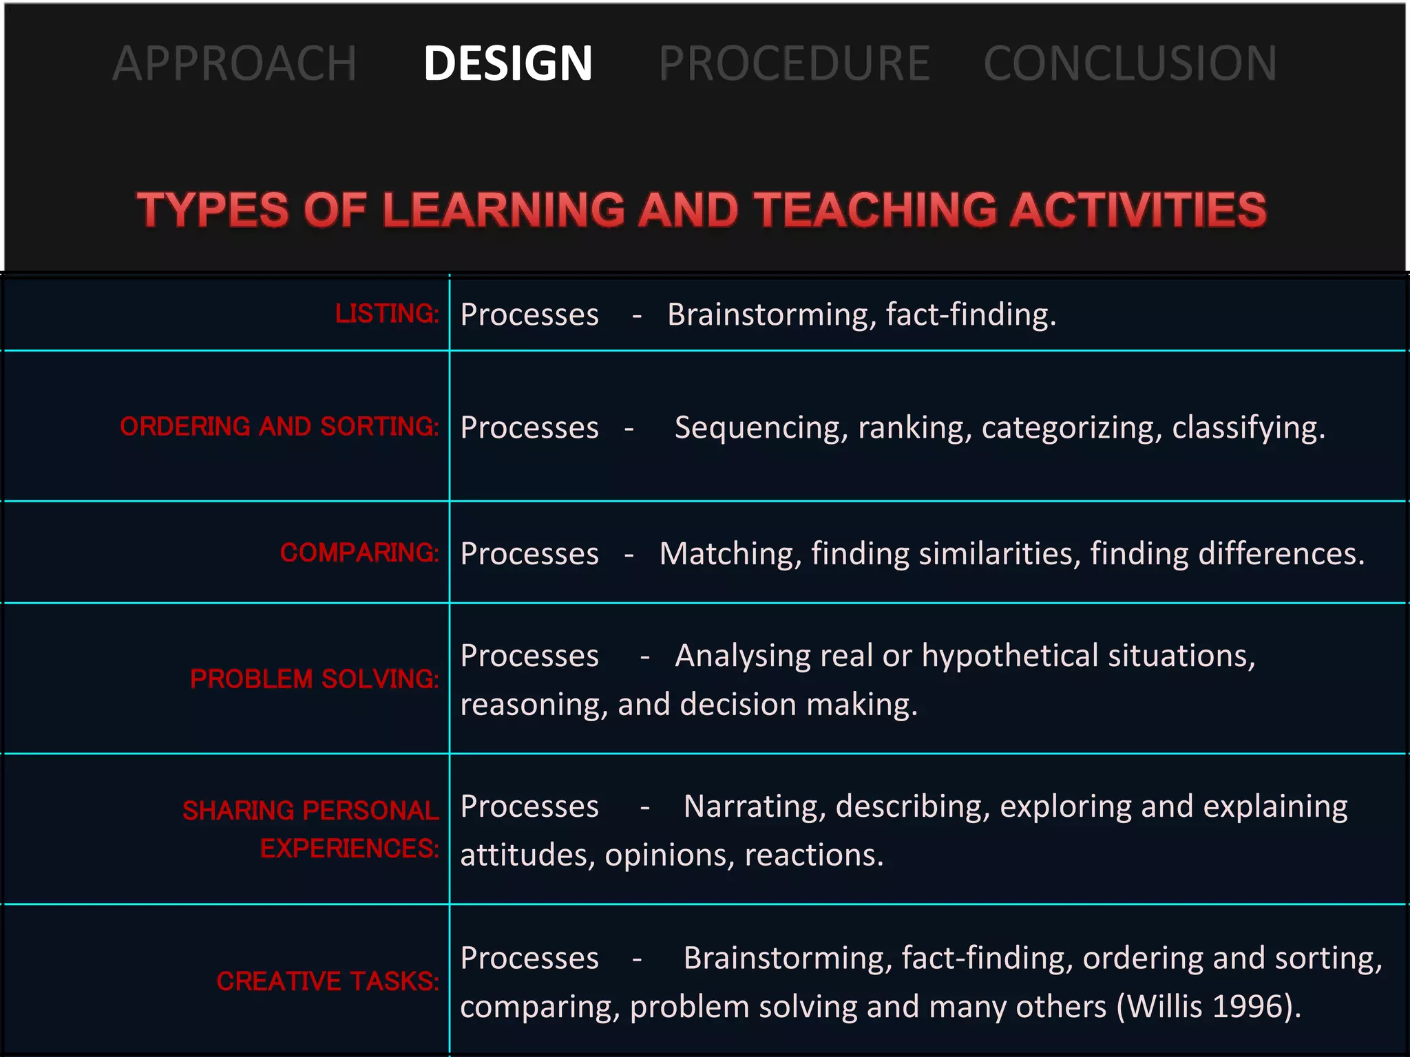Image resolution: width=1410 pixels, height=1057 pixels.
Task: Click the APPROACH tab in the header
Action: coord(234,63)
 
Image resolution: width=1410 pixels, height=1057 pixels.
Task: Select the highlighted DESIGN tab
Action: coord(507,63)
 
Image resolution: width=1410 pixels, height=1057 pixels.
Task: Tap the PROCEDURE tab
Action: coord(794,63)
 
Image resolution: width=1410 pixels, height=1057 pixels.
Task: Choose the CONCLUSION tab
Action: coord(1130,63)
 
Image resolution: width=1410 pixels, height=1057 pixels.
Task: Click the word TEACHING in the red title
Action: coord(875,209)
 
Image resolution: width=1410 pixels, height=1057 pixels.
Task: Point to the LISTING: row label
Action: coord(387,314)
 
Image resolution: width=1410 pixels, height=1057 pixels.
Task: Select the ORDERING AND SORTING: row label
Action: coord(279,427)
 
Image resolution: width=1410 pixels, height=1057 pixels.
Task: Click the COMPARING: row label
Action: coord(359,553)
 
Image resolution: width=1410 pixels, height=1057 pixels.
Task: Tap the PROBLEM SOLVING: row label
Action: coord(314,679)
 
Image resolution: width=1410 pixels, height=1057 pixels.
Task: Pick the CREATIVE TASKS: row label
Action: coord(327,981)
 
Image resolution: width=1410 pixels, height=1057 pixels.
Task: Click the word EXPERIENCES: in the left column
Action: coord(349,848)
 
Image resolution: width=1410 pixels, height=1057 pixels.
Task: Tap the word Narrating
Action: coord(754,807)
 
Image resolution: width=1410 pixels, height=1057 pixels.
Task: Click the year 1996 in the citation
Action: coord(1246,1007)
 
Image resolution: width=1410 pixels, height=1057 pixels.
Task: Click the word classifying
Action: coord(1248,428)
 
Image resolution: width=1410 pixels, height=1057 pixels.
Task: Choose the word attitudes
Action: coord(527,855)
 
